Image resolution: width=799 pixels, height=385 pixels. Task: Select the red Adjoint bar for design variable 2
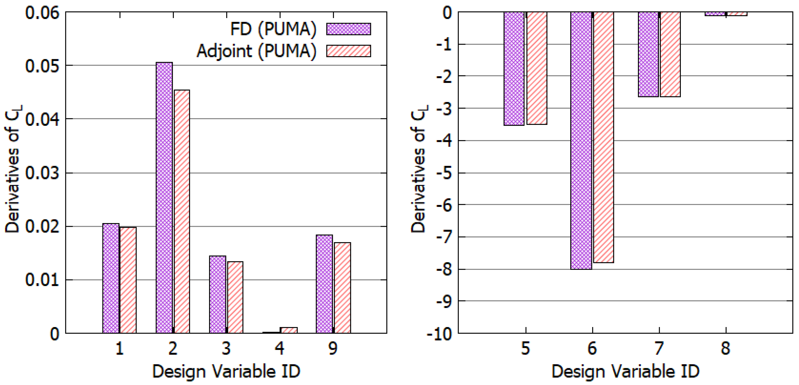(182, 211)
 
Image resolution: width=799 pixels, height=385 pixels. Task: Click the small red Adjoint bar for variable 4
(289, 330)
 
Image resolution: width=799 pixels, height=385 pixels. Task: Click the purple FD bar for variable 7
(648, 54)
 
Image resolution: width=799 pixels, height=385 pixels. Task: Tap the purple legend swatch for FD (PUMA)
(348, 29)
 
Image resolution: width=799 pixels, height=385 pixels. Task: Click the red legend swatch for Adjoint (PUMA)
(348, 51)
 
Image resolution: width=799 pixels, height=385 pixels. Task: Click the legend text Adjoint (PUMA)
(256, 51)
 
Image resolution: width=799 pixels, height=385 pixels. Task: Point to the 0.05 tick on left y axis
(42, 66)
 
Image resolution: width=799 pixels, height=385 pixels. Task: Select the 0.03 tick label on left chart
(42, 173)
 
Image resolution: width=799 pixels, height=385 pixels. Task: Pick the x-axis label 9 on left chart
(333, 348)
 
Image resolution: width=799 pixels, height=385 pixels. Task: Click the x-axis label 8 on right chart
(726, 348)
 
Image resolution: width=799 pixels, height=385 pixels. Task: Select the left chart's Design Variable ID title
(226, 371)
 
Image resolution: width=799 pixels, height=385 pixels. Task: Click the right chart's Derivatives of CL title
(419, 169)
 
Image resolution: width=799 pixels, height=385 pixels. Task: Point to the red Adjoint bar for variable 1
(128, 280)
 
